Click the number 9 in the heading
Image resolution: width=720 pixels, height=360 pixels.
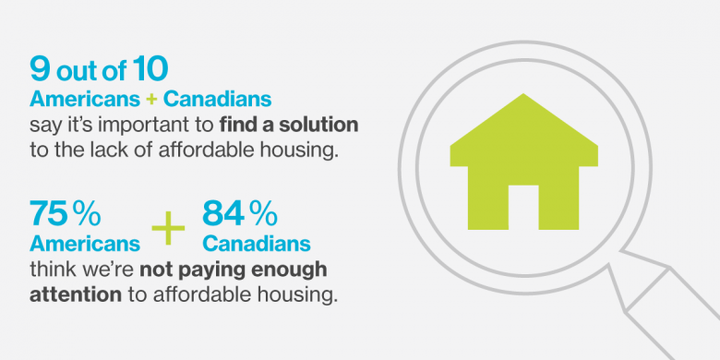click(40, 69)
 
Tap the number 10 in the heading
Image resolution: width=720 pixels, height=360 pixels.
click(150, 69)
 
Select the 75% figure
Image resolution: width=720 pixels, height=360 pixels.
click(66, 215)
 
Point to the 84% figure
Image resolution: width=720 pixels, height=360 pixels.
click(240, 215)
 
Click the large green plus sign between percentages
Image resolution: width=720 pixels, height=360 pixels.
click(168, 228)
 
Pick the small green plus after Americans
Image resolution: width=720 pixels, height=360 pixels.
click(151, 100)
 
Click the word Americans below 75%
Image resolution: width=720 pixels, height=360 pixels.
click(85, 244)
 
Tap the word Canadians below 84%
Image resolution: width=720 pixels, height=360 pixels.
click(257, 244)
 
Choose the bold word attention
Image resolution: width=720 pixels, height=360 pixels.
click(76, 294)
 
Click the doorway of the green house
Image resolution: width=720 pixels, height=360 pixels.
click(523, 207)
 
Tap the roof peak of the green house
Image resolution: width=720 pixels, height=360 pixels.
click(523, 93)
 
